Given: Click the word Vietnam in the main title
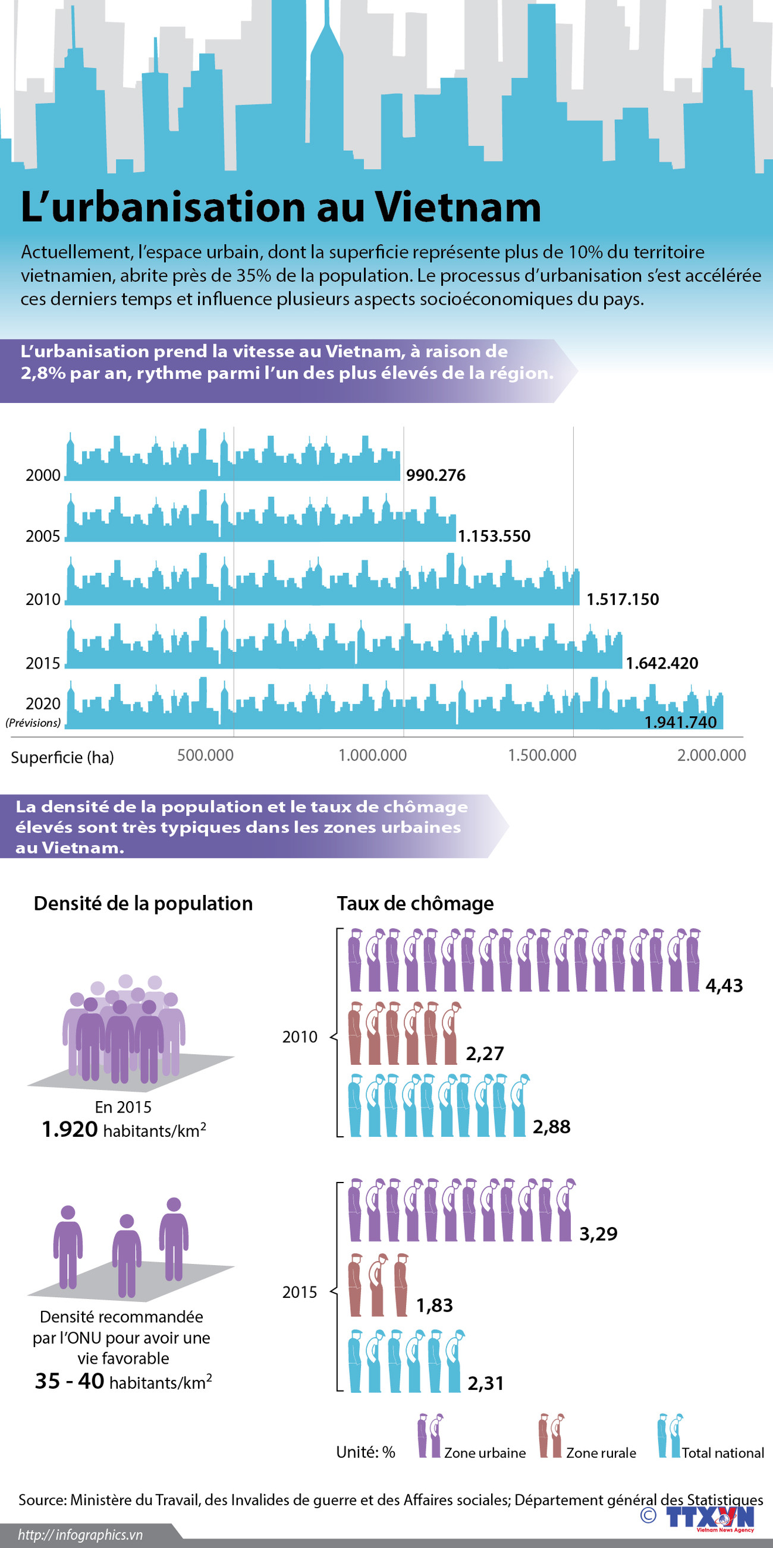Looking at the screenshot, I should (x=458, y=207).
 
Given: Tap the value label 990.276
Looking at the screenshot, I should (x=436, y=475).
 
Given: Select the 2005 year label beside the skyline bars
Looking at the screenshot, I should (x=43, y=536).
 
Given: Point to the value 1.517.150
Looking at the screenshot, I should (x=622, y=599).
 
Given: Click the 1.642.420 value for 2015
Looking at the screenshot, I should (x=662, y=663).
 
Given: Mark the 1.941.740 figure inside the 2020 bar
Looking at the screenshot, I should (x=680, y=722).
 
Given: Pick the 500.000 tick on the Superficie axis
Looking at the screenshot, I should (x=205, y=755).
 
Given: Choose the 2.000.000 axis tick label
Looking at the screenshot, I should (x=711, y=755).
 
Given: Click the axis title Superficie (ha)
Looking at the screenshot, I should (x=62, y=757).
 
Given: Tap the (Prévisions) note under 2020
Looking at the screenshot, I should (x=33, y=723).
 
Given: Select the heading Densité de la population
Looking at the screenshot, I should (x=143, y=903).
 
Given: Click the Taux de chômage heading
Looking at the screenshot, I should (x=415, y=903).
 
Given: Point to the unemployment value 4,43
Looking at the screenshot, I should (x=724, y=985).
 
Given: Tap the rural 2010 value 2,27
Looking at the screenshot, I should (x=485, y=1054).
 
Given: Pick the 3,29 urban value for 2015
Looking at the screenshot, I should (x=598, y=1234).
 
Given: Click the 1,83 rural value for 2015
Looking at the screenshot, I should (x=434, y=1305).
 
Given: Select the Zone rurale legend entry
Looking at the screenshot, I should (x=601, y=1453).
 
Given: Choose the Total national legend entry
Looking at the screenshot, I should (x=722, y=1453).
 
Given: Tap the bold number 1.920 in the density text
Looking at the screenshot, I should (x=70, y=1130).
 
